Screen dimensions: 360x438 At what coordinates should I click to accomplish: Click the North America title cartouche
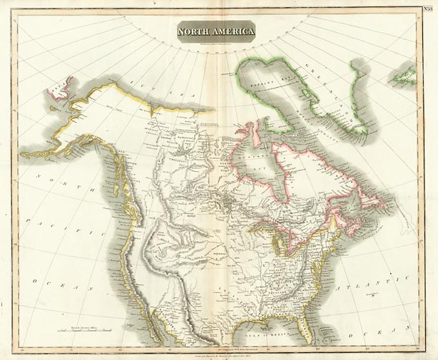pyautogui.click(x=215, y=31)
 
